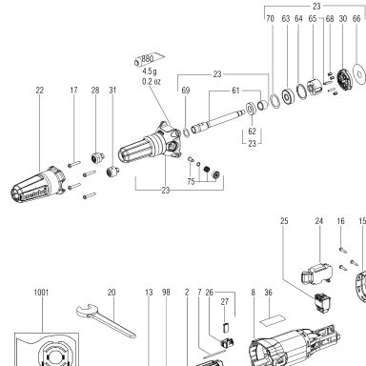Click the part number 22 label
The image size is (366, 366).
point(39,91)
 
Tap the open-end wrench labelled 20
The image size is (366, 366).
point(106,319)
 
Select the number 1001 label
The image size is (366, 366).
point(41,292)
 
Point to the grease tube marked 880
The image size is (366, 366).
point(149,59)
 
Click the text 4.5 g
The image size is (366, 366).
point(150,71)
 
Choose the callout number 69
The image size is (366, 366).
point(186,91)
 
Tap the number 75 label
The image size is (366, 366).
point(191,182)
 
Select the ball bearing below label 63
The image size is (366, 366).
point(288,96)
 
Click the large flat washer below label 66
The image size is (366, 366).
point(359,74)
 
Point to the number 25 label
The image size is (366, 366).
point(284,221)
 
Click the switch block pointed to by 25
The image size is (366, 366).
point(323,302)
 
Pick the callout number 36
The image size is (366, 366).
point(269,292)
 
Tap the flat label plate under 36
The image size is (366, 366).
point(271,320)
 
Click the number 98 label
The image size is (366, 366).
point(166,292)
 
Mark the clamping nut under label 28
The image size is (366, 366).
point(98,157)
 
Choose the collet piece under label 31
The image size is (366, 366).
point(112,172)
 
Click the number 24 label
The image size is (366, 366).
point(319,221)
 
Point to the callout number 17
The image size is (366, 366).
point(73,91)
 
